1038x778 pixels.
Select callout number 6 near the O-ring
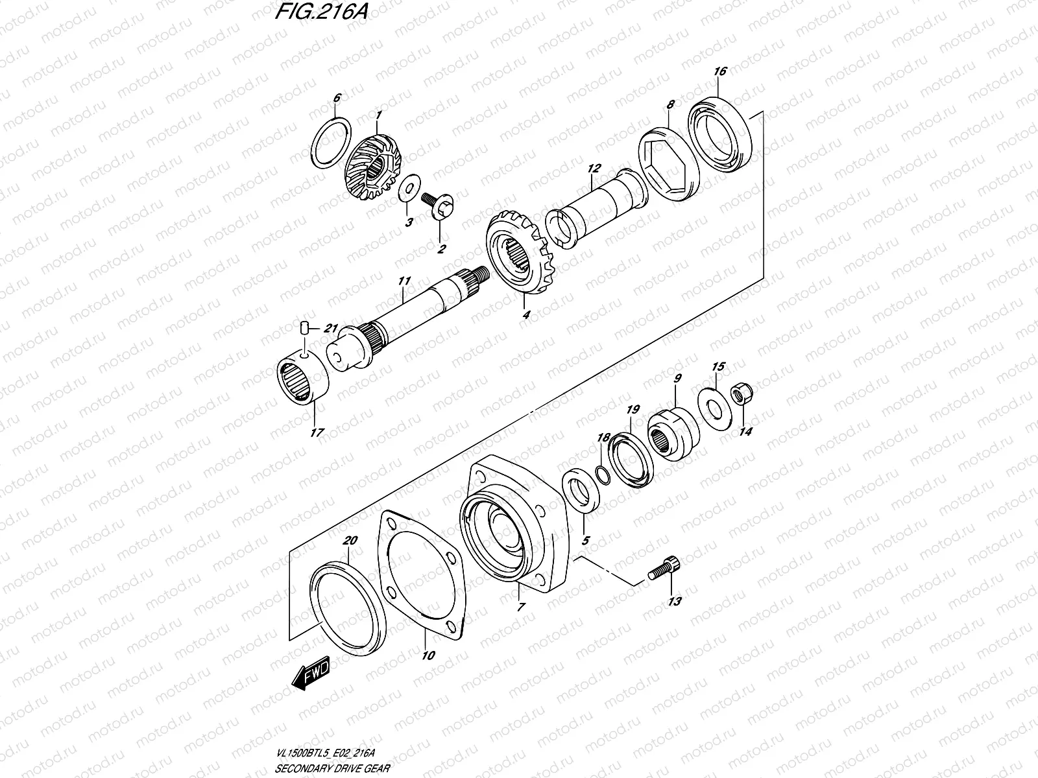(336, 99)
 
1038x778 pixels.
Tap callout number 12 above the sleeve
(592, 169)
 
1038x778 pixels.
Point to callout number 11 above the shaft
(404, 281)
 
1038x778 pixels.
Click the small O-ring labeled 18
(602, 476)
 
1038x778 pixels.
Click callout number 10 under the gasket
(428, 655)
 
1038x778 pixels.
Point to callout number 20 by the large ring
(351, 541)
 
